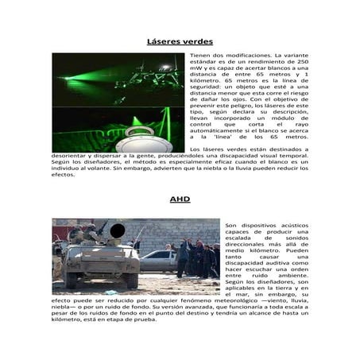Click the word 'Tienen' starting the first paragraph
(x=201, y=56)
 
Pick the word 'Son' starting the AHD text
(x=231, y=225)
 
